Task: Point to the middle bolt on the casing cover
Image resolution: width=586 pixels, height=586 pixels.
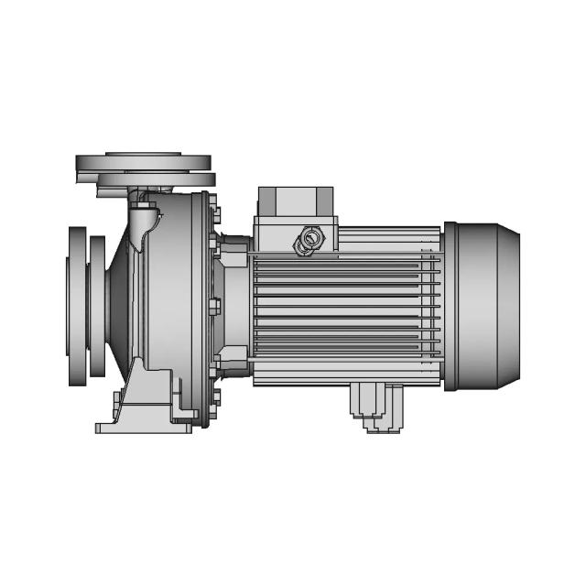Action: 216,306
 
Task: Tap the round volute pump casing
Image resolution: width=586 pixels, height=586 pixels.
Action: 165,302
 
